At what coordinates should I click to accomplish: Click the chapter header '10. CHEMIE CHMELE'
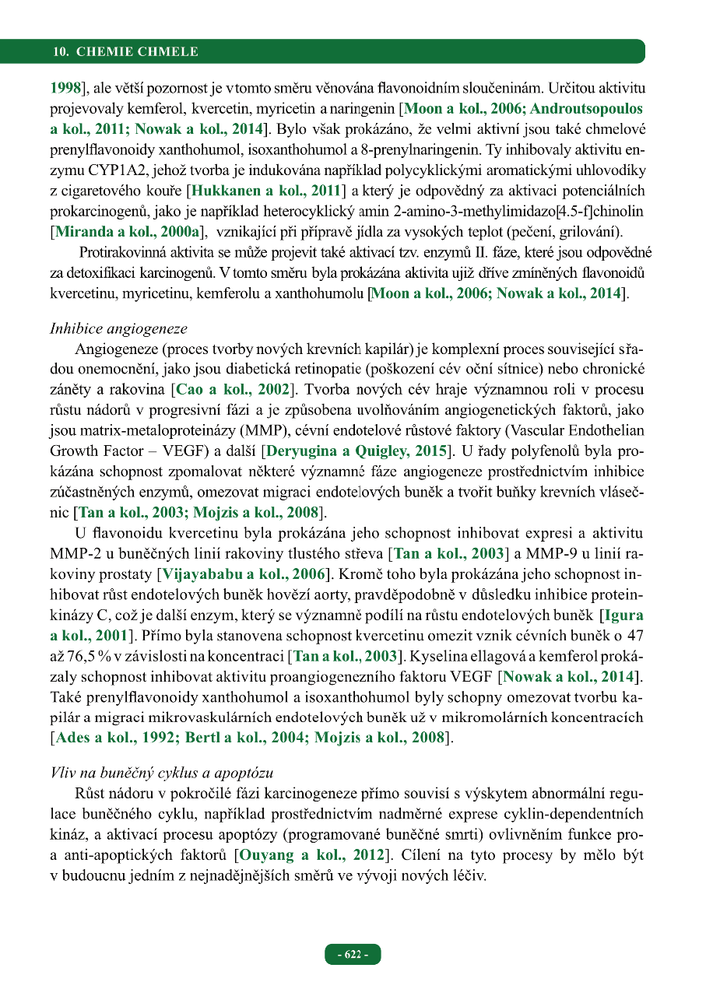[125, 52]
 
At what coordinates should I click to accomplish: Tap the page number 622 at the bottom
[353, 955]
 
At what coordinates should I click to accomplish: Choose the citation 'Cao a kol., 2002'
[234, 388]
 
